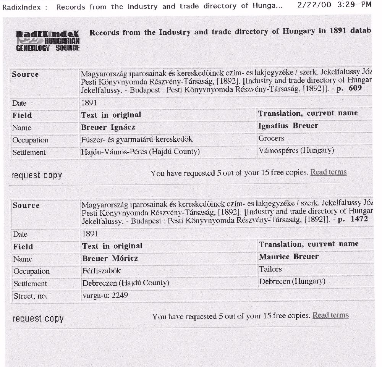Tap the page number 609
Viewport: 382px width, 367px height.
pyautogui.click(x=355, y=88)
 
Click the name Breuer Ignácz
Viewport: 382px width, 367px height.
pyautogui.click(x=108, y=127)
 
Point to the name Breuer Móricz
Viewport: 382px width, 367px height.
pyautogui.click(x=110, y=259)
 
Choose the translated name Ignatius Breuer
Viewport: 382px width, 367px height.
pyautogui.click(x=288, y=126)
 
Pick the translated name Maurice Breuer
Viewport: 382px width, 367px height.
pyautogui.click(x=288, y=257)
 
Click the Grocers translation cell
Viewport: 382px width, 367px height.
pyautogui.click(x=271, y=138)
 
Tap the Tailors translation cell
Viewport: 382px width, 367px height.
pyautogui.click(x=270, y=269)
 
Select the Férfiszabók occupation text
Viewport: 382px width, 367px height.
pyautogui.click(x=102, y=271)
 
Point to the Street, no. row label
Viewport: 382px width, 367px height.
pyautogui.click(x=31, y=296)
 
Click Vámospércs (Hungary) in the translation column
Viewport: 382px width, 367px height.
pyautogui.click(x=296, y=150)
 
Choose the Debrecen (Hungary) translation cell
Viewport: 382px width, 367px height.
pyautogui.click(x=292, y=281)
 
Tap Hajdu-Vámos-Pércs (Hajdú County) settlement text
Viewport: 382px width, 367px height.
pyautogui.click(x=140, y=152)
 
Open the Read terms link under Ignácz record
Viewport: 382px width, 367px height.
pyautogui.click(x=329, y=172)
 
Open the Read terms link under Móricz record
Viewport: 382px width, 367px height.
pyautogui.click(x=330, y=315)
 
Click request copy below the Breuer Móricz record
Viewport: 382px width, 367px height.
pyautogui.click(x=38, y=318)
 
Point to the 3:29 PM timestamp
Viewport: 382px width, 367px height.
pyautogui.click(x=355, y=5)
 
